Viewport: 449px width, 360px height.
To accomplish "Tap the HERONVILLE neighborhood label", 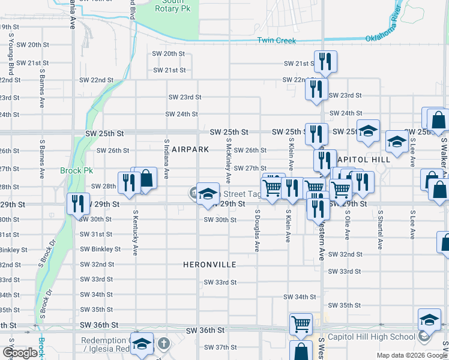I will click(209, 265).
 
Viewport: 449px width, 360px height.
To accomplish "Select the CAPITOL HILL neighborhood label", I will click(364, 160).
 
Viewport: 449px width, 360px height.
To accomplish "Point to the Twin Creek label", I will click(277, 40).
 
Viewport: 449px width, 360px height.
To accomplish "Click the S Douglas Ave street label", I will click(257, 230).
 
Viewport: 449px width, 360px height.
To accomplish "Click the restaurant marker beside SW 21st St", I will click(325, 61).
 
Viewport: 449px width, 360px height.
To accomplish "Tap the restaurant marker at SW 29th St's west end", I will click(77, 202).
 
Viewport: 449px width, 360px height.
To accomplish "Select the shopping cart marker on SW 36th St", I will click(301, 324).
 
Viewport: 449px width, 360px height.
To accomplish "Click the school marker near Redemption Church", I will click(141, 344).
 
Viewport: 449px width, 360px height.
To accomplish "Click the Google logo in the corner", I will click(20, 353).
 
